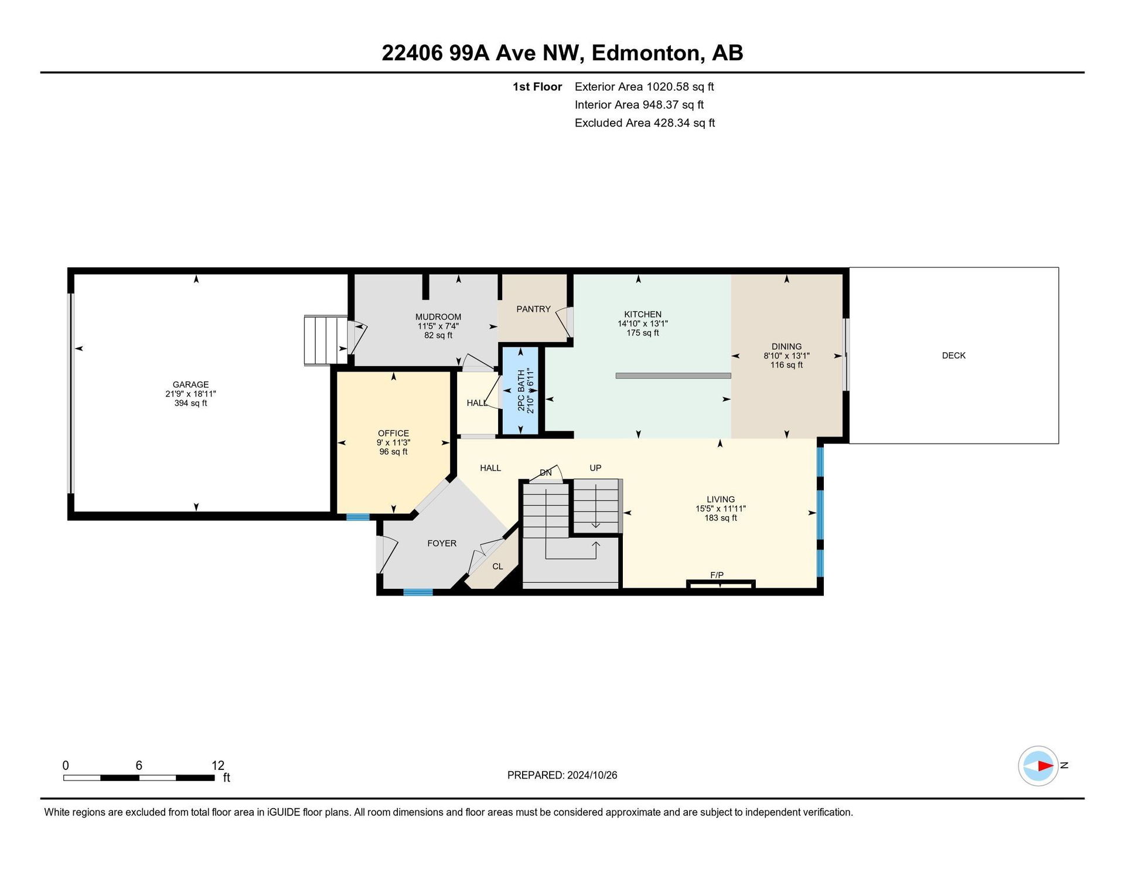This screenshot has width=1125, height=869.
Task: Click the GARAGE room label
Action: click(190, 385)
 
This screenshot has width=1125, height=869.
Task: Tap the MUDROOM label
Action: click(438, 317)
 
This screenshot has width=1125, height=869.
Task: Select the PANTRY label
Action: click(533, 309)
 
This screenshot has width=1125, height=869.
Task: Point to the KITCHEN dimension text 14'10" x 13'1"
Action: click(643, 323)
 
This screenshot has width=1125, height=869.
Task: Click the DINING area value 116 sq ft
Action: click(786, 365)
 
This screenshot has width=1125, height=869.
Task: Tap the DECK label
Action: click(953, 356)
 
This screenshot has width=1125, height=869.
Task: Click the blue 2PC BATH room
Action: click(521, 391)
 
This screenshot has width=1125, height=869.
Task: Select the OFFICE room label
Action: click(393, 434)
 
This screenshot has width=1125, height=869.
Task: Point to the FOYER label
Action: click(442, 544)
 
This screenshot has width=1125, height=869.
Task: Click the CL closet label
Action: click(497, 567)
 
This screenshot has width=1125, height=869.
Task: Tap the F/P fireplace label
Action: click(717, 575)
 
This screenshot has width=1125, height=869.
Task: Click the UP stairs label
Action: click(595, 468)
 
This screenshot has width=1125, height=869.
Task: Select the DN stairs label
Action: click(546, 473)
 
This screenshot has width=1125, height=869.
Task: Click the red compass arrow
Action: click(1045, 766)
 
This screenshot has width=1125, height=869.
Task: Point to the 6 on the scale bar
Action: click(139, 766)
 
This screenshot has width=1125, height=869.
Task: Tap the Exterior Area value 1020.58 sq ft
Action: click(680, 87)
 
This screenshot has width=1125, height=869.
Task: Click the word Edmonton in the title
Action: click(646, 53)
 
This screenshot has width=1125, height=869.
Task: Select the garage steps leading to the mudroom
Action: click(326, 340)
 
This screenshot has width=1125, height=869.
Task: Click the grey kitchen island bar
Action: click(673, 376)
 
